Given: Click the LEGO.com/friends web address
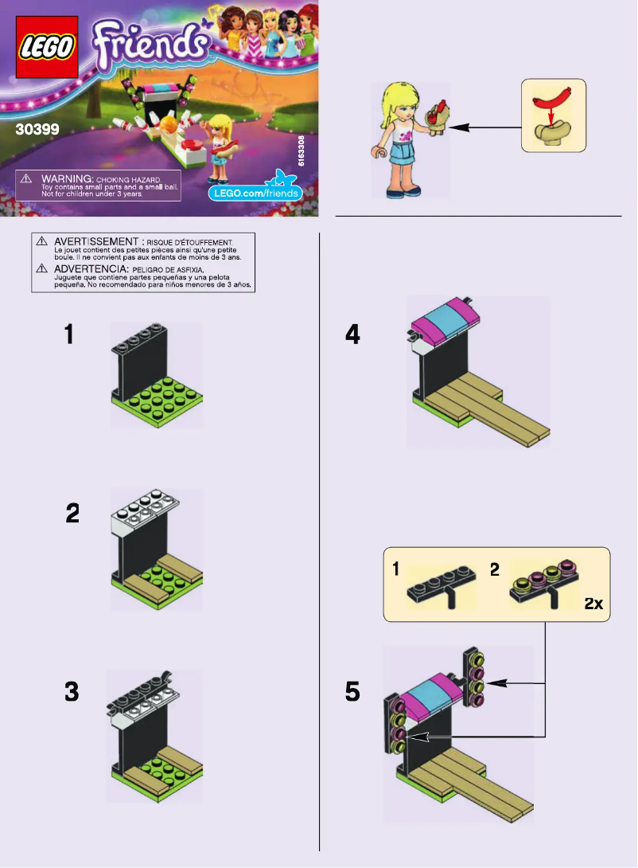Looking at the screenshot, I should pos(255,194).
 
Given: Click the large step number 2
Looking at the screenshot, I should pos(72,514).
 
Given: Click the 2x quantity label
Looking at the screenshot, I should pos(593,604).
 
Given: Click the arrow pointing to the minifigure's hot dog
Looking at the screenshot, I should pos(488,127).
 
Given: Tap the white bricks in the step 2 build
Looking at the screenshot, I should pos(143,511).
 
